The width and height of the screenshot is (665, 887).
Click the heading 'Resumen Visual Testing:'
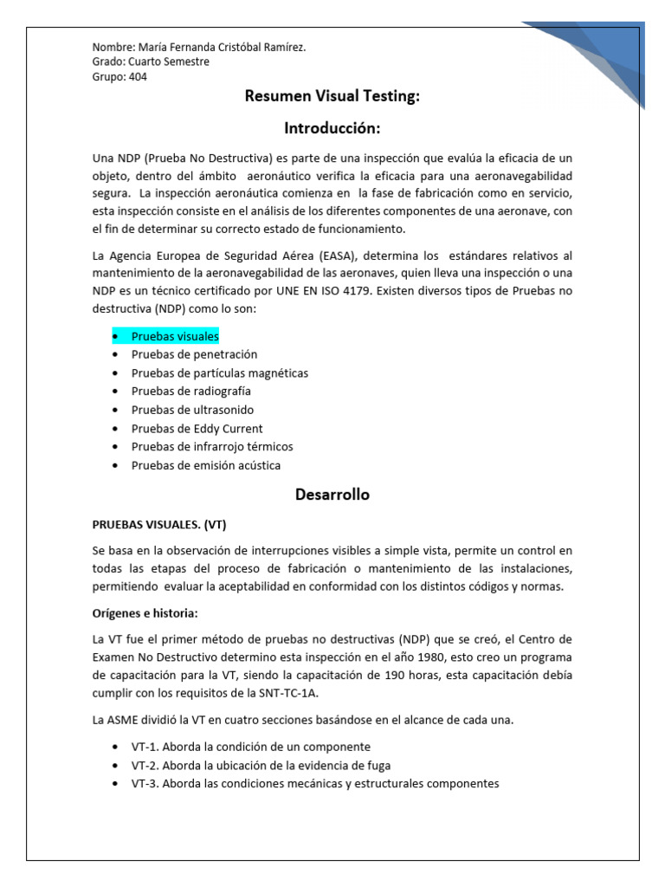tap(332, 97)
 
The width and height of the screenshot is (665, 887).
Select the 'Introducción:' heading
tap(332, 128)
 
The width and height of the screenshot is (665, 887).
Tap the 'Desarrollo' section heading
tap(332, 495)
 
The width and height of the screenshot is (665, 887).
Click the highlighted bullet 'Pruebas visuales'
tap(175, 335)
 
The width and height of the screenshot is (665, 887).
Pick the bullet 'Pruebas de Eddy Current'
tap(197, 429)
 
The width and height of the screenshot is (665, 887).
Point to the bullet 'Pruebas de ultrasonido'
tap(192, 410)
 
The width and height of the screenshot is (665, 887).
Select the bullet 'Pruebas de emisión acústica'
tap(206, 465)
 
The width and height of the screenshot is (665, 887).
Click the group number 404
tap(137, 77)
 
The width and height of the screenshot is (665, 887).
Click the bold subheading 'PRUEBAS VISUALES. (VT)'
tap(159, 525)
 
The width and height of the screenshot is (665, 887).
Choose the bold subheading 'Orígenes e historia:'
tap(145, 613)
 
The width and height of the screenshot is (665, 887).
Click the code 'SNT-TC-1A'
tap(320, 693)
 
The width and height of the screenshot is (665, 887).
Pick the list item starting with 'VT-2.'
tap(261, 765)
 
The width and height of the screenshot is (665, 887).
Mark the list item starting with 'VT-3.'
tap(315, 784)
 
